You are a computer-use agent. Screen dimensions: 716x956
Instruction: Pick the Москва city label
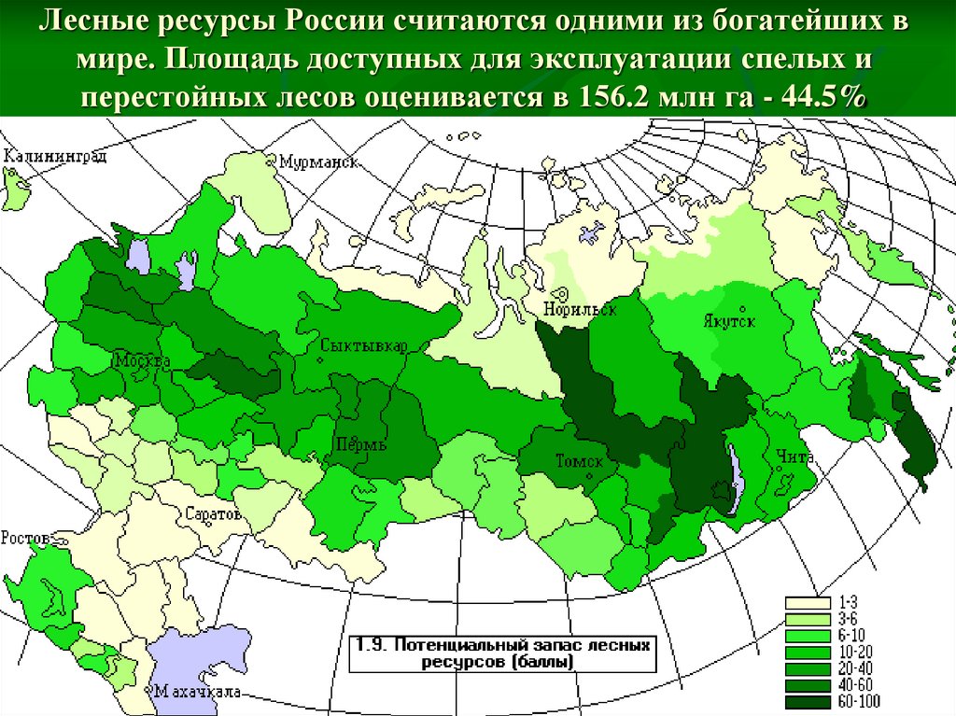click(x=142, y=360)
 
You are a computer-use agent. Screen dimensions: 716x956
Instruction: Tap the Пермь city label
click(x=360, y=444)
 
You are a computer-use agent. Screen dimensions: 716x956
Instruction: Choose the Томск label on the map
click(x=580, y=461)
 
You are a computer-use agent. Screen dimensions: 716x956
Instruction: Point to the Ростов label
click(x=25, y=538)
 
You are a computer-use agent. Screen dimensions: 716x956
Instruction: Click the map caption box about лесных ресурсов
click(x=501, y=653)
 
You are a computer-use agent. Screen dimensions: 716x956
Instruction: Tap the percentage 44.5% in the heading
click(x=820, y=98)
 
